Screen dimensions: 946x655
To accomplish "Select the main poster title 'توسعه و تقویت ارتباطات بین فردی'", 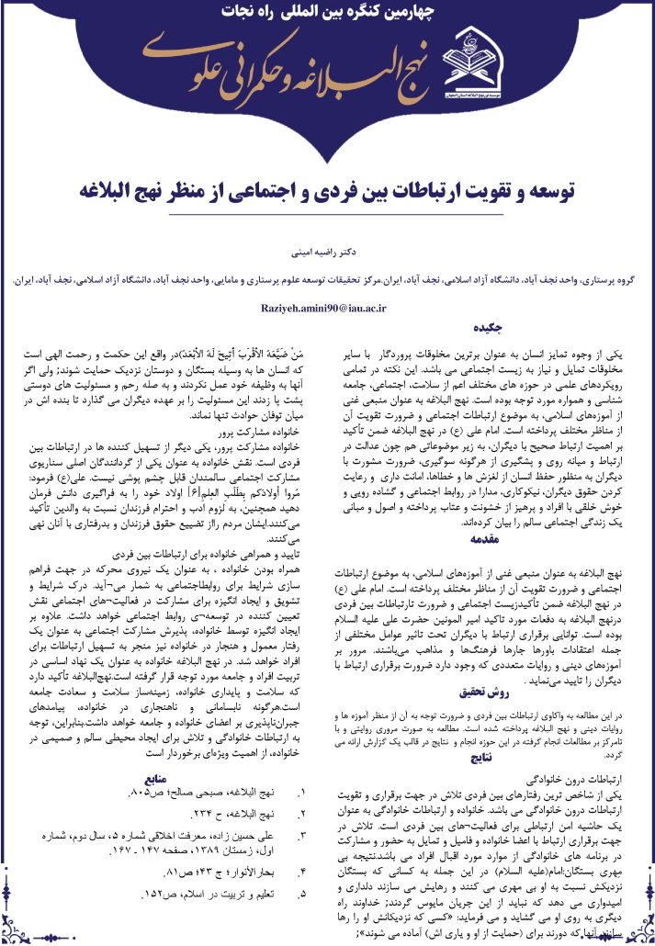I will (327, 192).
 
